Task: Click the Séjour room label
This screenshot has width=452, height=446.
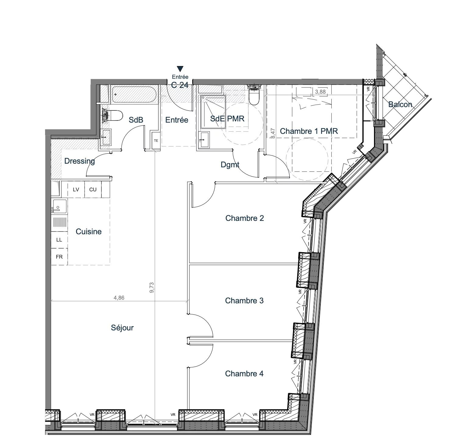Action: click(122, 328)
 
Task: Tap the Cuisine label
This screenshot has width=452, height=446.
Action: click(89, 232)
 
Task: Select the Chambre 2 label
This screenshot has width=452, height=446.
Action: click(245, 218)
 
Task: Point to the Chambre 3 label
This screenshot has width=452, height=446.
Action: click(244, 301)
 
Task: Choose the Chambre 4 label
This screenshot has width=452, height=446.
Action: click(244, 374)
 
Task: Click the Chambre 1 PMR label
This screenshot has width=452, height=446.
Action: click(309, 131)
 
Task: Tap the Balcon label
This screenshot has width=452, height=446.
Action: click(400, 105)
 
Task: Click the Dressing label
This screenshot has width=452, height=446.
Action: click(79, 161)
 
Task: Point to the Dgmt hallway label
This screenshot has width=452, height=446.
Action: click(230, 165)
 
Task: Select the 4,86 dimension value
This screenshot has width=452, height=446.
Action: click(119, 298)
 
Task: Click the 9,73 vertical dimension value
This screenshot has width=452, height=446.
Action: click(152, 287)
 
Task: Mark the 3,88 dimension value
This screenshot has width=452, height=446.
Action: click(320, 92)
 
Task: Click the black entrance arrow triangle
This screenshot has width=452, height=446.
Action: click(180, 69)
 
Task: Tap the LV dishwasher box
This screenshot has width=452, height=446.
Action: click(76, 190)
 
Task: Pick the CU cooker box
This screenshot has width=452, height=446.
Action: click(93, 190)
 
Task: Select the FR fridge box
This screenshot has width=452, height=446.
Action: click(59, 257)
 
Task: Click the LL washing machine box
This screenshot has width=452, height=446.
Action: click(59, 240)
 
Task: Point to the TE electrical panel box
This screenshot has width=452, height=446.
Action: click(156, 141)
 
